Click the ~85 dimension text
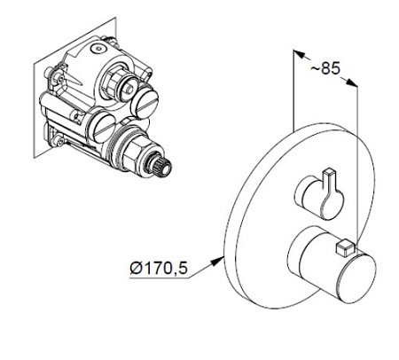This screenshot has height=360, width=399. click(x=325, y=68)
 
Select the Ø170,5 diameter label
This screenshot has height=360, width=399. click(x=159, y=268)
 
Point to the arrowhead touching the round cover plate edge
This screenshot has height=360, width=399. click(x=217, y=261)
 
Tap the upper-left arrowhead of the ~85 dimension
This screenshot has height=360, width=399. click(x=299, y=54)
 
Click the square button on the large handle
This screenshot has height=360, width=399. click(x=344, y=247)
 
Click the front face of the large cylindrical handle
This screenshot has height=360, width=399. click(x=357, y=278)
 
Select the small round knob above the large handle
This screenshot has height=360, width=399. click(x=319, y=198)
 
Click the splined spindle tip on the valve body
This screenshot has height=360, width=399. click(x=161, y=167)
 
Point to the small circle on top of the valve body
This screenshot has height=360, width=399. click(x=98, y=48)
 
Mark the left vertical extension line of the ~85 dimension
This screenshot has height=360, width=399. click(x=293, y=90)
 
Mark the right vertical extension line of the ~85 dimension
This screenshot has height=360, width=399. click(x=357, y=164)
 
